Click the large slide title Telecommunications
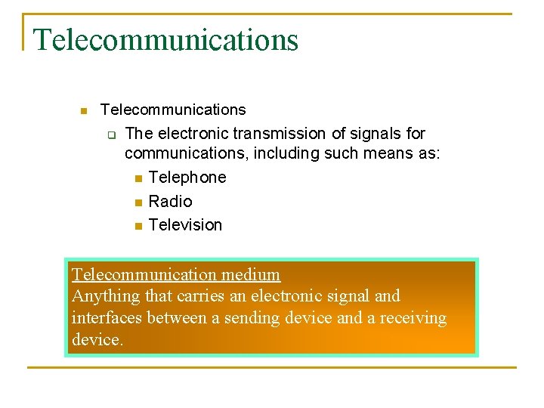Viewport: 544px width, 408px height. [166, 39]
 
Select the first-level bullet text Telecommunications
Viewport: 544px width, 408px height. [173, 110]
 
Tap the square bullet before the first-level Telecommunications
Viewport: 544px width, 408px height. [84, 111]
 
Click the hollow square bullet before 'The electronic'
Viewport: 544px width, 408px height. [110, 135]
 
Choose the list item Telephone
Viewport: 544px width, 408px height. [187, 178]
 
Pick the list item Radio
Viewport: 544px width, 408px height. [171, 202]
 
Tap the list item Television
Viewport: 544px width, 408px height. [185, 225]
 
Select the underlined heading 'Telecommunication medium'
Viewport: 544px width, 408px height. [175, 274]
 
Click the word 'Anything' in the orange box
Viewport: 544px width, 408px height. [104, 296]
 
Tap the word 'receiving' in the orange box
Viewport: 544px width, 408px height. [413, 318]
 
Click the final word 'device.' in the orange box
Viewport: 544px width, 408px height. [97, 340]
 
